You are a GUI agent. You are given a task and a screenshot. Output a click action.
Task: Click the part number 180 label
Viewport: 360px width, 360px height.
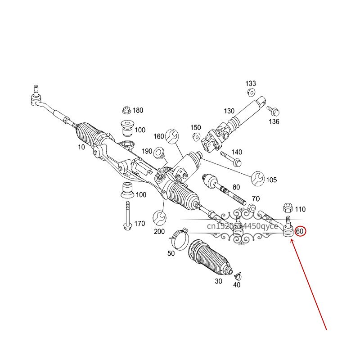(138, 110)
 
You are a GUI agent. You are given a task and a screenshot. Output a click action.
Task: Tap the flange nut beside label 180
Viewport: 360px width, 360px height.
(126, 110)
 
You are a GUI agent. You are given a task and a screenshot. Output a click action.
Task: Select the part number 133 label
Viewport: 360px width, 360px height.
(251, 84)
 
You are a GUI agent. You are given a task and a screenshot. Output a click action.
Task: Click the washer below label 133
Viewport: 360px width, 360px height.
(251, 92)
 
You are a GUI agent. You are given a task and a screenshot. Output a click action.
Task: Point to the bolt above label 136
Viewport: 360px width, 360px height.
(273, 110)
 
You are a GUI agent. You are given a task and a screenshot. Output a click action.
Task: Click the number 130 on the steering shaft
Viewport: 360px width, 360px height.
(229, 111)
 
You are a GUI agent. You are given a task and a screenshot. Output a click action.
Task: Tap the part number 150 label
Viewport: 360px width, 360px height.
(195, 127)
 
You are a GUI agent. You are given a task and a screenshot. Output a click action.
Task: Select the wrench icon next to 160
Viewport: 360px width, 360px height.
(171, 135)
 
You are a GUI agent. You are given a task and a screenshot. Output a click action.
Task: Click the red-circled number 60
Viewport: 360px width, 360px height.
(300, 231)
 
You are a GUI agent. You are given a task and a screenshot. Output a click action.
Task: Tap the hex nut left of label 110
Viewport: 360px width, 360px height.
(288, 208)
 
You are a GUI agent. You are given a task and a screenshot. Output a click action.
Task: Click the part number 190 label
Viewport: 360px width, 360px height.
(147, 152)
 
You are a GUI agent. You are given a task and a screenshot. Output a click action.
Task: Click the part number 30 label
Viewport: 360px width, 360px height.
(218, 281)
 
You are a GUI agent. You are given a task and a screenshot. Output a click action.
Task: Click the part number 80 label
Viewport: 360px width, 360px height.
(236, 187)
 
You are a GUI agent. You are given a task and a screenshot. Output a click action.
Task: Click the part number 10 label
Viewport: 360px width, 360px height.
(81, 147)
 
